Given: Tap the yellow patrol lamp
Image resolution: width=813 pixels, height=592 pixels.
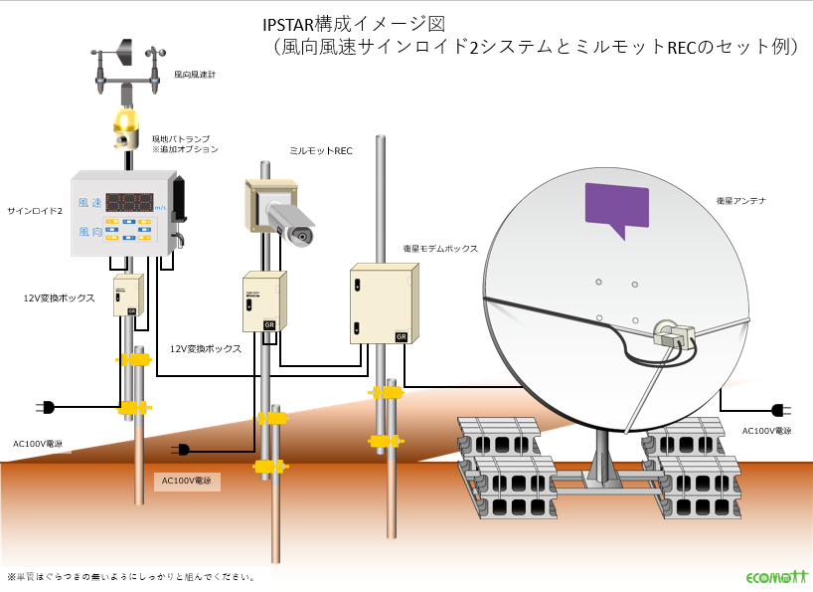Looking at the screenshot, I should pos(125,123).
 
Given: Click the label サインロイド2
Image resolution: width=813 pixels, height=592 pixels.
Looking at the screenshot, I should pos(35,211).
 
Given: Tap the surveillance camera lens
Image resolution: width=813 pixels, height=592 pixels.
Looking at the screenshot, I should pos(299,235).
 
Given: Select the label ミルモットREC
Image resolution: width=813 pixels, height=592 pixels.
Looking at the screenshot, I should pos(321,150).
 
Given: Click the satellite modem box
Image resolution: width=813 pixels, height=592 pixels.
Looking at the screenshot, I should pos(381,303).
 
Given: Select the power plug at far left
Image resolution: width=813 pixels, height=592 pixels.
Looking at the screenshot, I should pos(46,407).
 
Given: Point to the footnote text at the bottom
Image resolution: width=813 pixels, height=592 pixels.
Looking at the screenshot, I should pos(132,576).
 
